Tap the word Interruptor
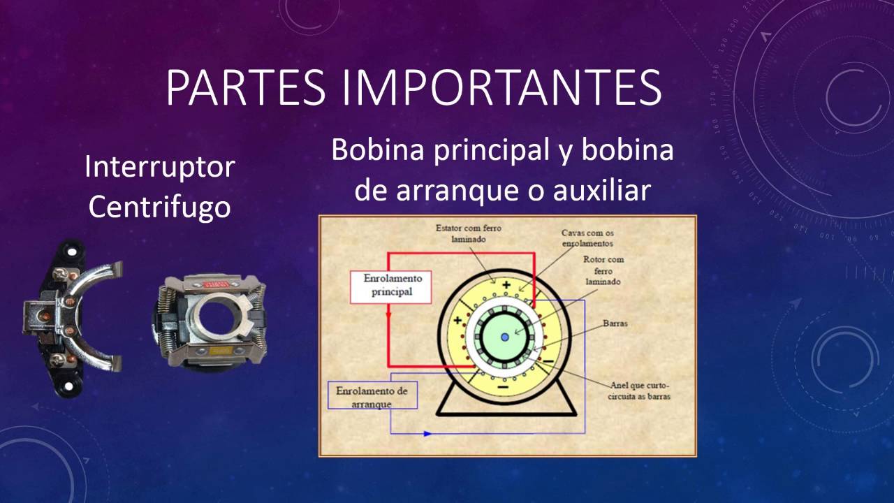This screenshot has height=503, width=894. [160, 168]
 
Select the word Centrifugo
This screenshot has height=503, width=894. [160, 207]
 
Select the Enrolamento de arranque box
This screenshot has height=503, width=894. [372, 395]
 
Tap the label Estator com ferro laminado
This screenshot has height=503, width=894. [468, 233]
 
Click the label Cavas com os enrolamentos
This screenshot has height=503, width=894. [587, 238]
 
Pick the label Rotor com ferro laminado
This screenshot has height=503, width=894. [603, 270]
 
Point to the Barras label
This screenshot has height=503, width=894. [617, 324]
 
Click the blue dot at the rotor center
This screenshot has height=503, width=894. [505, 337]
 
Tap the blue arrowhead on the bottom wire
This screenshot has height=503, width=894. [427, 434]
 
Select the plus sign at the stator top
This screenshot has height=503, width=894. [506, 285]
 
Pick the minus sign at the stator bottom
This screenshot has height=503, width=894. [501, 386]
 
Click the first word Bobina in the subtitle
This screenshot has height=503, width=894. [377, 150]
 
